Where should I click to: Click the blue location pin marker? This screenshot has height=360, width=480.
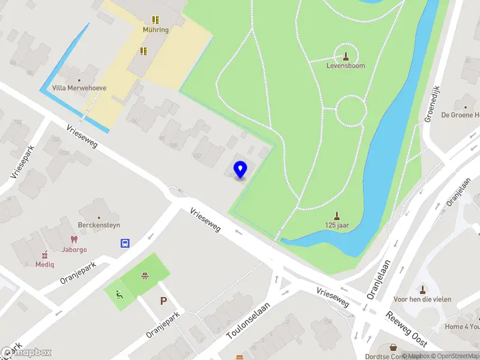pyautogui.click(x=240, y=169)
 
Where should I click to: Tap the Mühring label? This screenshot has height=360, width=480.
pyautogui.click(x=155, y=29)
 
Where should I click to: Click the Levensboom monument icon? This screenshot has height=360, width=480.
pyautogui.click(x=346, y=56)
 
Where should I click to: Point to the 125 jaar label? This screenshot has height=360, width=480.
pyautogui.click(x=337, y=226)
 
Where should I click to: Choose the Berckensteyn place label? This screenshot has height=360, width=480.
pyautogui.click(x=100, y=226)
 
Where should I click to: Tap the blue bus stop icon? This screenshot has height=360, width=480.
pyautogui.click(x=125, y=243)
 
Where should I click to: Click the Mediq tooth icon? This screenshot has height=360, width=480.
pyautogui.click(x=44, y=254)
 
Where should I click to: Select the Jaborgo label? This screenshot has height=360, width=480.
pyautogui.click(x=74, y=250)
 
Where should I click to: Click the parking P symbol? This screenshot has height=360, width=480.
pyautogui.click(x=163, y=301)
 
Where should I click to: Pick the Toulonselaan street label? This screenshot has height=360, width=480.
pyautogui.click(x=248, y=320)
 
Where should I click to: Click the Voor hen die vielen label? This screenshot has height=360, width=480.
pyautogui.click(x=422, y=299)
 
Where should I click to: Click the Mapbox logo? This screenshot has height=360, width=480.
pyautogui.click(x=26, y=353)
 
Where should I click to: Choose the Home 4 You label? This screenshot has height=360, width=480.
pyautogui.click(x=463, y=327)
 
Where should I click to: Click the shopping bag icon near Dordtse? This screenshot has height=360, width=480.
pyautogui.click(x=394, y=347)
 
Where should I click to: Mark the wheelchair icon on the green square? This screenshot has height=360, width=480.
pyautogui.click(x=119, y=294)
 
